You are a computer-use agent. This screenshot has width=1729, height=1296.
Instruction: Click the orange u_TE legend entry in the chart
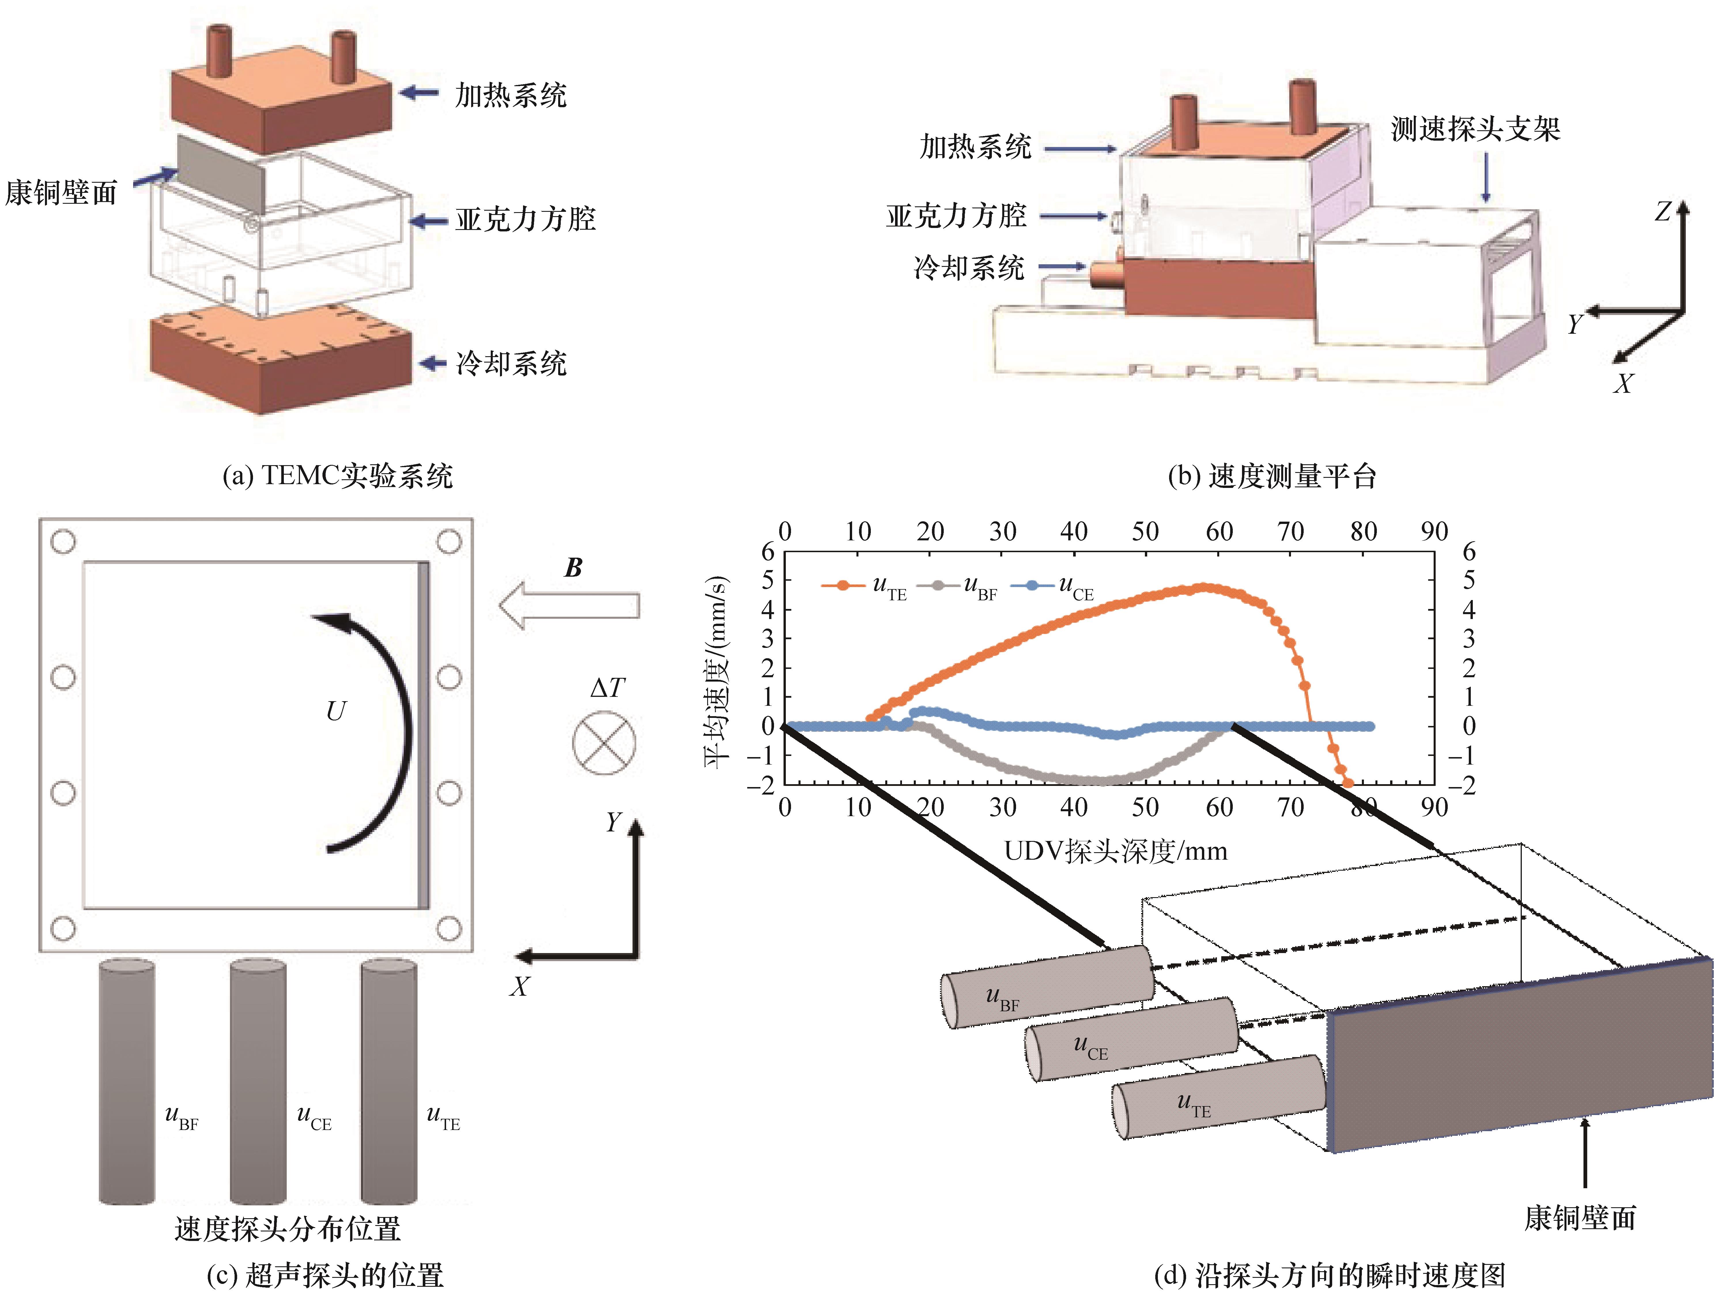click(864, 586)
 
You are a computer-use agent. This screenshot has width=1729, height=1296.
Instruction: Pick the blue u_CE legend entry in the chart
click(1051, 586)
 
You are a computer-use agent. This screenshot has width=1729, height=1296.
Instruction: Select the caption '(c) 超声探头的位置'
click(324, 1276)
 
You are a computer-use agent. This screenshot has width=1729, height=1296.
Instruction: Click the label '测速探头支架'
click(1475, 129)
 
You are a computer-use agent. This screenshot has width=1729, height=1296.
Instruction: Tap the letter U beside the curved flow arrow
click(335, 711)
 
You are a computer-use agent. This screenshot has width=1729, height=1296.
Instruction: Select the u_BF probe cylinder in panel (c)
click(127, 1083)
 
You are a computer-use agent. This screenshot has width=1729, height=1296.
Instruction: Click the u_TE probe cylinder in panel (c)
click(388, 1083)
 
